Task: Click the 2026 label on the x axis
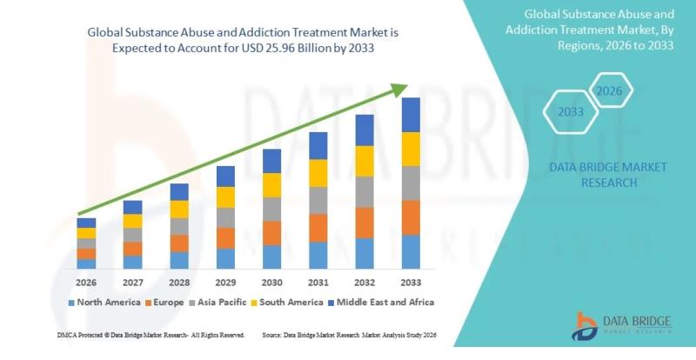[86, 283]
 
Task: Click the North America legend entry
[107, 303]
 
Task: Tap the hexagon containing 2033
[571, 112]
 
